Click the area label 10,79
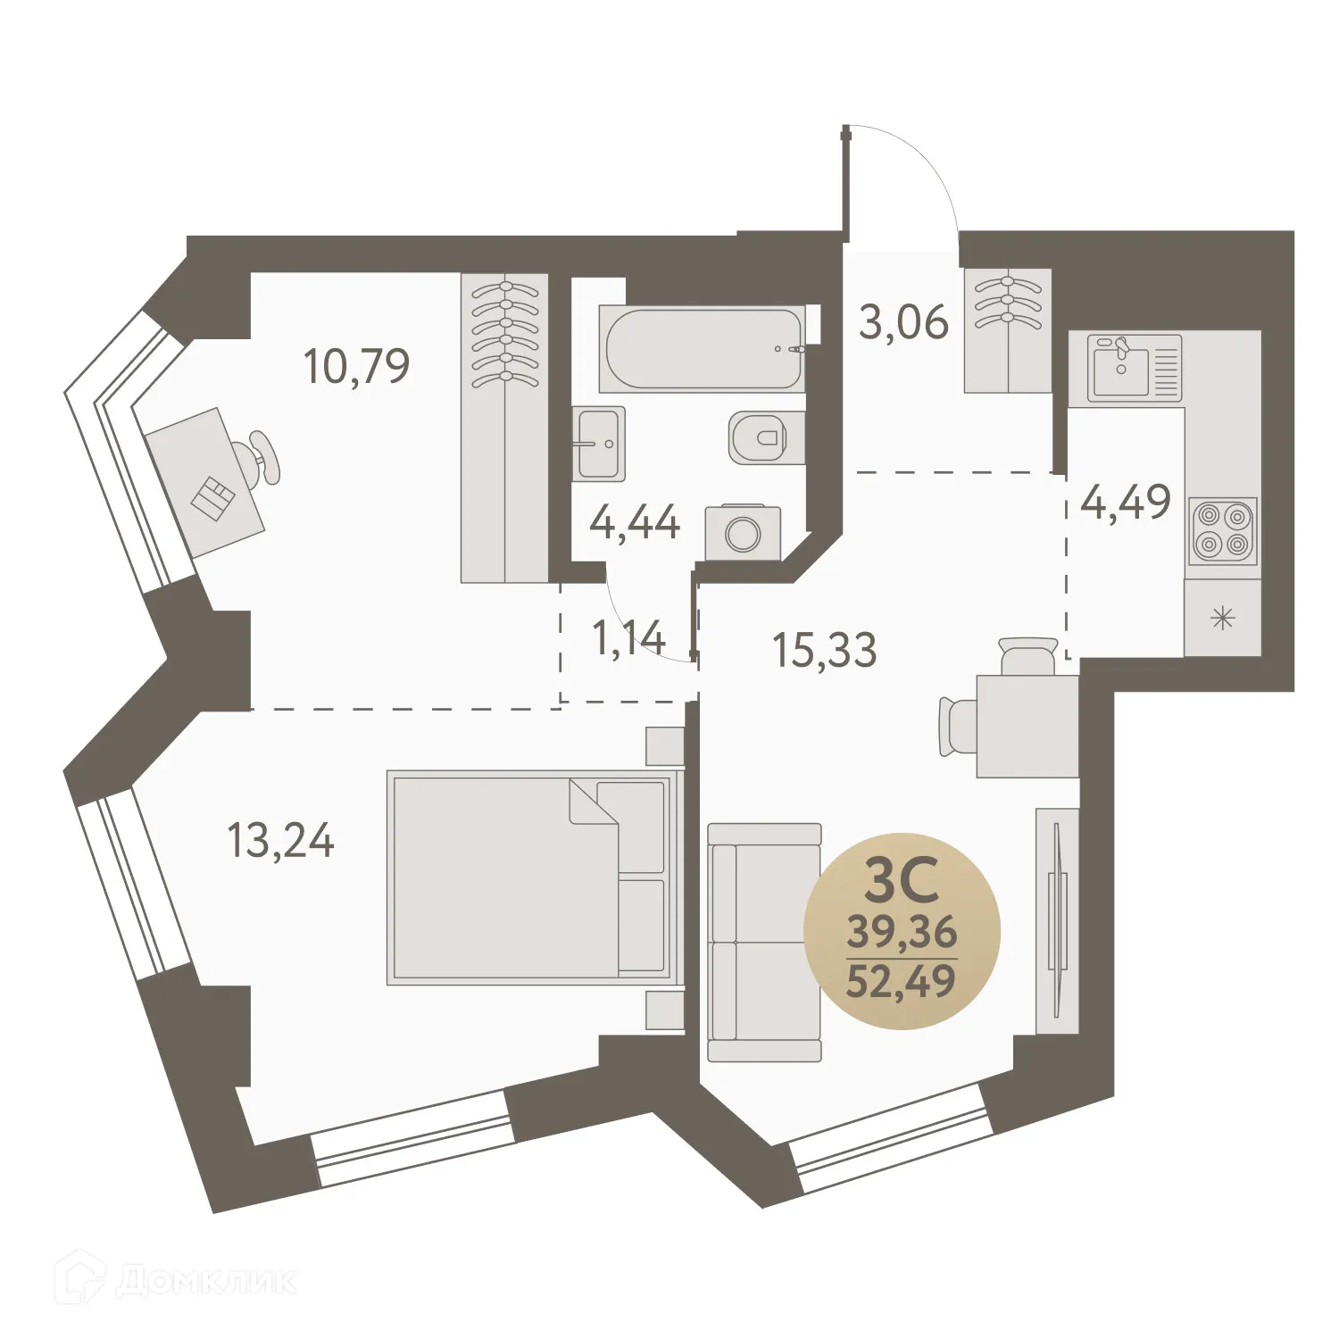[356, 366]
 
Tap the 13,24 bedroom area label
[280, 841]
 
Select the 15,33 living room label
[824, 650]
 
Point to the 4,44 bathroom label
[635, 522]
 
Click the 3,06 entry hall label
[903, 322]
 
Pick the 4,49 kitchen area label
[1125, 503]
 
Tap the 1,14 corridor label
[628, 637]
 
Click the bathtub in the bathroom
[703, 349]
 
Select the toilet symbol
[758, 438]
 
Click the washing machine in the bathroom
[743, 534]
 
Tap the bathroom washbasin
[599, 444]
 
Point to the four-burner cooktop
[1223, 530]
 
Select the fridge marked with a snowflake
[1222, 618]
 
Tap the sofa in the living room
[764, 943]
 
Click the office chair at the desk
[262, 456]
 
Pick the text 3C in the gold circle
[902, 880]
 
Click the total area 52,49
[902, 981]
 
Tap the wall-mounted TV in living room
[1058, 919]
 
